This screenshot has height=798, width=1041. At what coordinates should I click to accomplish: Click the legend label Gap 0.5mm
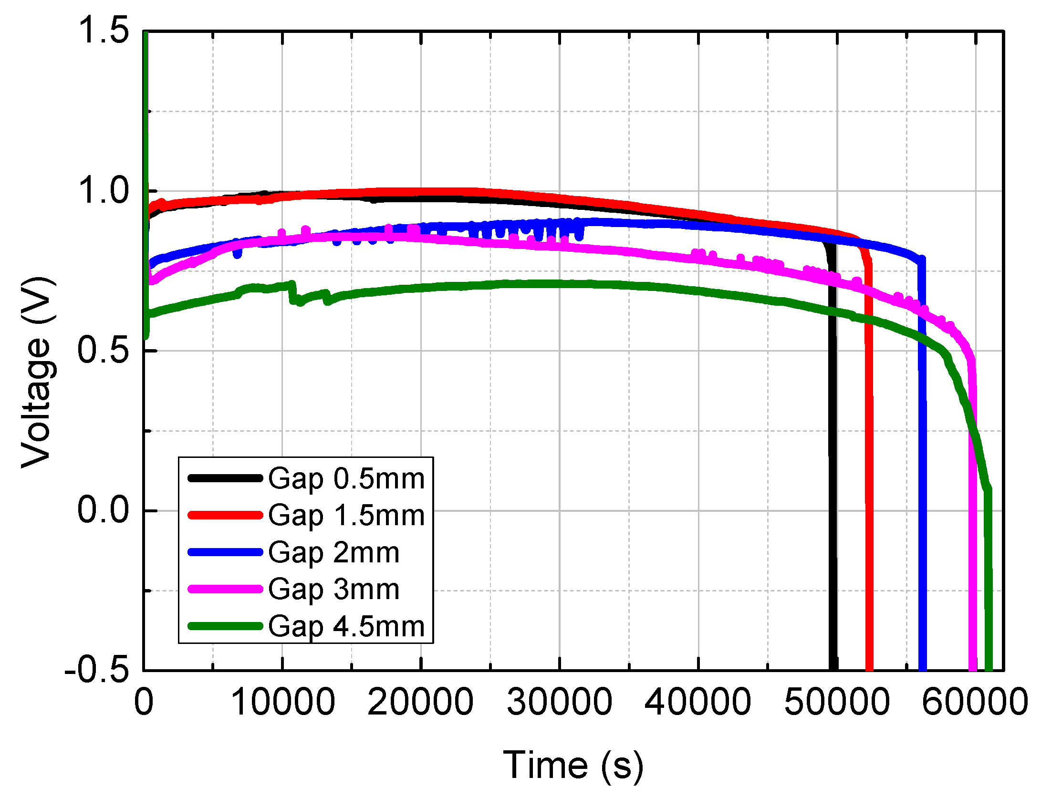pyautogui.click(x=346, y=478)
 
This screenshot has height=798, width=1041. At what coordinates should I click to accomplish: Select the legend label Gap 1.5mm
pyautogui.click(x=346, y=516)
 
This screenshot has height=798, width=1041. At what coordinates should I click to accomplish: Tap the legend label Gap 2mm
pyautogui.click(x=333, y=552)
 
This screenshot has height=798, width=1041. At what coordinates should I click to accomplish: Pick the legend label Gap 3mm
pyautogui.click(x=333, y=589)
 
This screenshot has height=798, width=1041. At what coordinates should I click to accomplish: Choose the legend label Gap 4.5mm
pyautogui.click(x=346, y=626)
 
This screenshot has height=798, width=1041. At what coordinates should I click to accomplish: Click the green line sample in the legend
pyautogui.click(x=225, y=626)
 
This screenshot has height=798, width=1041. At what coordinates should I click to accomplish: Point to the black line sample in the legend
pyautogui.click(x=225, y=478)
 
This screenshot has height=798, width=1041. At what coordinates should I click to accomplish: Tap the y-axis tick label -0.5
pyautogui.click(x=97, y=670)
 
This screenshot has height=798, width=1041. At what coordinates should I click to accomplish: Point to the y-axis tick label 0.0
pyautogui.click(x=103, y=510)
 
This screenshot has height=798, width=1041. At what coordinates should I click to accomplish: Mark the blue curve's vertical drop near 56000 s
pyautogui.click(x=922, y=453)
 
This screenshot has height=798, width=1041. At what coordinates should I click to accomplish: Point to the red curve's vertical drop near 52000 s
pyautogui.click(x=869, y=453)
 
